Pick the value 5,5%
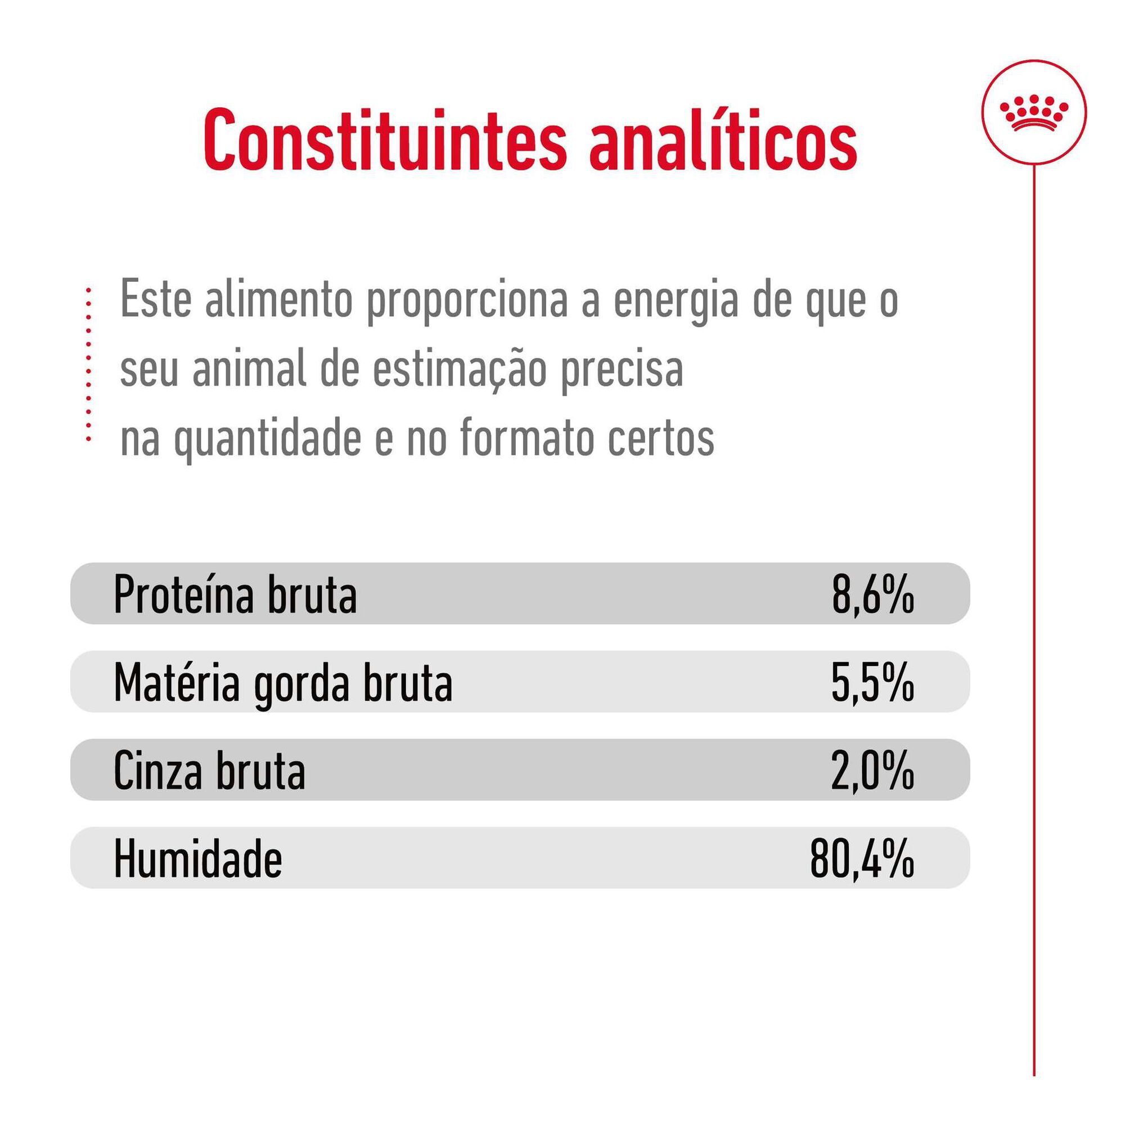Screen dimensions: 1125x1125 tap(872, 682)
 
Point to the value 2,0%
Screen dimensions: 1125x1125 tap(872, 771)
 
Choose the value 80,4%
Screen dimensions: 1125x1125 tap(862, 858)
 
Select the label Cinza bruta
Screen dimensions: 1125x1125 tap(210, 771)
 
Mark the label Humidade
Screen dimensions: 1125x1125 tap(198, 858)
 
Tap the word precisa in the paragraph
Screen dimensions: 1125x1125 tap(622, 371)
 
